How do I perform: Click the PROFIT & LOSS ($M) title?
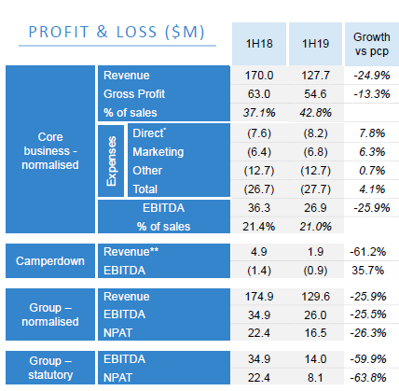click(x=117, y=33)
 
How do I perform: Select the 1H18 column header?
click(x=259, y=44)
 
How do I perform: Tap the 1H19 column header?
click(x=315, y=44)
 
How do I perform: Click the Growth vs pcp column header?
click(x=372, y=44)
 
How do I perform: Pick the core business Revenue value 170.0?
click(x=259, y=76)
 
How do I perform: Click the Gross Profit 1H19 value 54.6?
click(x=315, y=94)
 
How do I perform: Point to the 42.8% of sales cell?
click(x=315, y=113)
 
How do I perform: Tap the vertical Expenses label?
click(x=111, y=161)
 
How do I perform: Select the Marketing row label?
click(x=158, y=152)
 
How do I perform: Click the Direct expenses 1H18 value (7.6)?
click(x=259, y=133)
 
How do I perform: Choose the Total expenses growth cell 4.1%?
click(x=372, y=189)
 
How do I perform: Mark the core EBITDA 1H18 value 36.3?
click(x=259, y=208)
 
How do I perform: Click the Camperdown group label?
click(x=50, y=261)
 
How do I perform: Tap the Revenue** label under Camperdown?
click(x=131, y=252)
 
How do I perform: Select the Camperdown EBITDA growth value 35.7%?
click(x=368, y=271)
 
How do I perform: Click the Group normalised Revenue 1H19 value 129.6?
click(x=315, y=297)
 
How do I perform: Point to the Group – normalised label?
click(x=50, y=314)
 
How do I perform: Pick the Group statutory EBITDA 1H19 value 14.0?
click(x=315, y=359)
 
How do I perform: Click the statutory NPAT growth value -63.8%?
click(x=368, y=378)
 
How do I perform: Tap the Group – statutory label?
click(x=50, y=368)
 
